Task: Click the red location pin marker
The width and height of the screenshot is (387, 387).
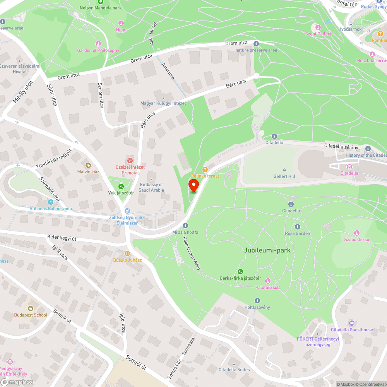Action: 193,185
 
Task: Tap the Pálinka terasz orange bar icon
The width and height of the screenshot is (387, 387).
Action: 205,169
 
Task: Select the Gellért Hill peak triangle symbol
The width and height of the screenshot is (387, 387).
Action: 284,170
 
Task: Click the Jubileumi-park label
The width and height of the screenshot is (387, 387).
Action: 267,250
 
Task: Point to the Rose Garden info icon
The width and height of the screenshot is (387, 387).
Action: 297,227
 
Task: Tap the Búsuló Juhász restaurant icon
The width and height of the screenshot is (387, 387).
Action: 127,253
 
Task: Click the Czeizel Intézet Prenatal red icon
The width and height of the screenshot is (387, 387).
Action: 130,160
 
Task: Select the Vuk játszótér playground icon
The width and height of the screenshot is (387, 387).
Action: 121,187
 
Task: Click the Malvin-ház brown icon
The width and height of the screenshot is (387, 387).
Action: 88,165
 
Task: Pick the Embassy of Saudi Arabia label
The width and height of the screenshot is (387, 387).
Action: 151,187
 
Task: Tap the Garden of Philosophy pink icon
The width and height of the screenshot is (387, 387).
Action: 98,44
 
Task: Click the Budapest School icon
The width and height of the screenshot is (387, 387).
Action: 30,308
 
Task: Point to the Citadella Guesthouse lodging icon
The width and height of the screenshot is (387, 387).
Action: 351,323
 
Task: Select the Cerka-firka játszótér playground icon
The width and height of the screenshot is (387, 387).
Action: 240,272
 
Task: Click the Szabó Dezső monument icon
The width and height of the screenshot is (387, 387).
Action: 356,233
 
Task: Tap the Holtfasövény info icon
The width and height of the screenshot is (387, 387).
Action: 257,301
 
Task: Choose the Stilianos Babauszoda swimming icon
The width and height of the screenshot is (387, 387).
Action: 51,202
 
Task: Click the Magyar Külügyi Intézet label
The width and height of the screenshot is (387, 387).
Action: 163,103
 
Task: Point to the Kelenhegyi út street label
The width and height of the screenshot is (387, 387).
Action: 62,238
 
